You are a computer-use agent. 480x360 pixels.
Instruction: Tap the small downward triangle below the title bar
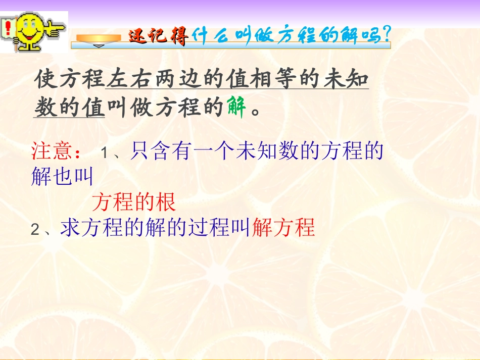click(100, 46)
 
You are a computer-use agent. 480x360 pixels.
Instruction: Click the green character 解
click(235, 107)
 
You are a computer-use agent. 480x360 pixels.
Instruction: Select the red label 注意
click(53, 151)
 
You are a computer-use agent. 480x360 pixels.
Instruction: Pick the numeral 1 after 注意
click(105, 152)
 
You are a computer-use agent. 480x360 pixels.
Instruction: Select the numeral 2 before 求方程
click(35, 230)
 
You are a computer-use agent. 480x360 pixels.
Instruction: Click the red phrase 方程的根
click(134, 202)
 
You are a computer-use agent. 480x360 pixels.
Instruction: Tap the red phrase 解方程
click(283, 228)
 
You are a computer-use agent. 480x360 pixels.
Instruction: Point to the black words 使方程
click(70, 79)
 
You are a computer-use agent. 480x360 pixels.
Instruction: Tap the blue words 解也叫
click(62, 177)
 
